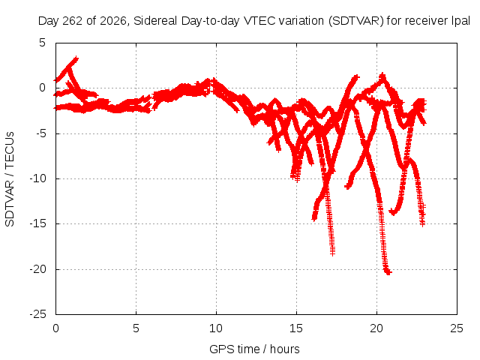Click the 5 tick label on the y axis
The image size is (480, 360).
pyautogui.click(x=42, y=43)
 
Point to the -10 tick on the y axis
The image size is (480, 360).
pyautogui.click(x=37, y=178)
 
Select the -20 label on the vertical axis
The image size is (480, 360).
pyautogui.click(x=37, y=269)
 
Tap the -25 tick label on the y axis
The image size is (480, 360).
pyautogui.click(x=37, y=314)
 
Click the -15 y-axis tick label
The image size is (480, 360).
pyautogui.click(x=37, y=223)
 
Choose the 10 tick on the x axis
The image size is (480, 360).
pyautogui.click(x=216, y=328)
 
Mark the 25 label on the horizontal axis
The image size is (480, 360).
pyautogui.click(x=457, y=328)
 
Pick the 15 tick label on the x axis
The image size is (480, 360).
pyautogui.click(x=296, y=328)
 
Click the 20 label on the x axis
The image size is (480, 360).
pyautogui.click(x=376, y=328)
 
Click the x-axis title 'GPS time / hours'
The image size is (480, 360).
pyautogui.click(x=254, y=349)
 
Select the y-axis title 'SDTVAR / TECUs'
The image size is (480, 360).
pyautogui.click(x=10, y=179)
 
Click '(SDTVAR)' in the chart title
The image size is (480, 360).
pyautogui.click(x=356, y=21)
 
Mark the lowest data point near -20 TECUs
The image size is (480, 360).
pyautogui.click(x=388, y=272)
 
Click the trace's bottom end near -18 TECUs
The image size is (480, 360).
pyautogui.click(x=333, y=253)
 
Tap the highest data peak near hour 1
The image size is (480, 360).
pyautogui.click(x=76, y=58)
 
